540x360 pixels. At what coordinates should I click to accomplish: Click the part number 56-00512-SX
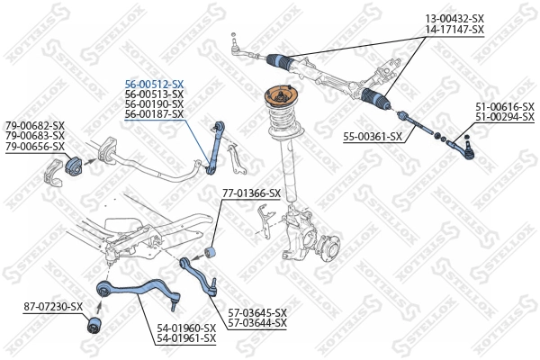[x=154, y=83]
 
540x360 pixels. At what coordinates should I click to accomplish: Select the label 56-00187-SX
[x=154, y=114]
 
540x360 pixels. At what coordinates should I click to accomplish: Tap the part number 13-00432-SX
[x=454, y=18]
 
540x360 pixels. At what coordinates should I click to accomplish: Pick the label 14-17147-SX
[x=454, y=29]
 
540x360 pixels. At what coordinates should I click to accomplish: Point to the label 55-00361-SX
[x=373, y=138]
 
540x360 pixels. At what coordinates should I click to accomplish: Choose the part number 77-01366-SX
[x=252, y=193]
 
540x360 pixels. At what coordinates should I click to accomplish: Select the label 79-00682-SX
[x=35, y=125]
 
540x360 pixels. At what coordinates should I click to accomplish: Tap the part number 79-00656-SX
[x=35, y=146]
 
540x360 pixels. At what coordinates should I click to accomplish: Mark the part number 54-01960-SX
[x=186, y=328]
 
